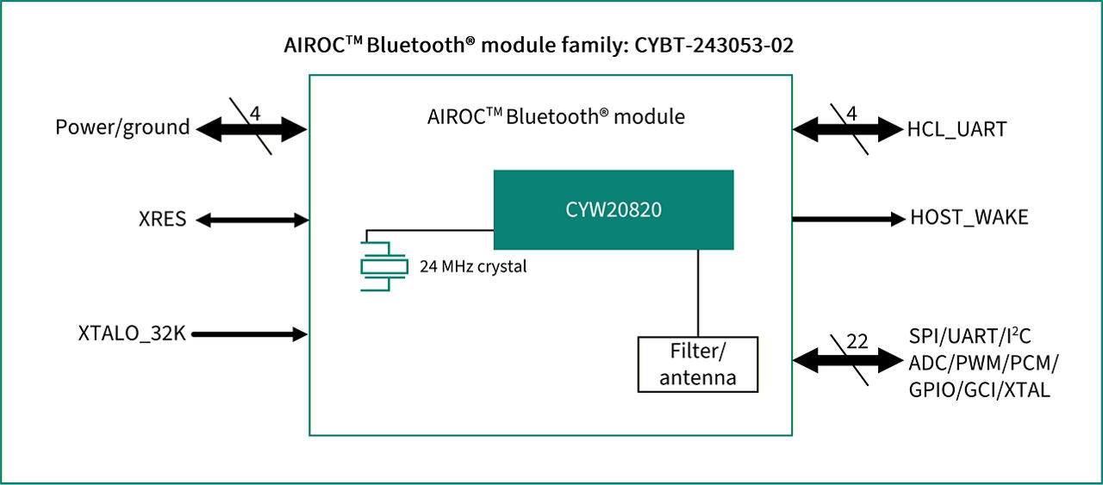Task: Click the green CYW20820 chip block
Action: [613, 210]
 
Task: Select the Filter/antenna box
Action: [697, 364]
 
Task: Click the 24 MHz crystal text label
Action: [472, 267]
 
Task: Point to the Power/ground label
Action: [122, 127]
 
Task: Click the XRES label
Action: [162, 220]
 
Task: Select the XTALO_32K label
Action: [132, 333]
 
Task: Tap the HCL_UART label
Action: [957, 130]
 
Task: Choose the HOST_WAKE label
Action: [969, 218]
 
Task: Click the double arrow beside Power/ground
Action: [251, 130]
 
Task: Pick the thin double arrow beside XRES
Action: [251, 221]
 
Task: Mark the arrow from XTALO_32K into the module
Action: [249, 334]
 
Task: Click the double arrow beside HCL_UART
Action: [847, 130]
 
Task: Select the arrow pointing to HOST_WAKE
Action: [846, 219]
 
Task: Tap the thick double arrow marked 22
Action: [847, 361]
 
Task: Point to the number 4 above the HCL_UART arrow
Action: [851, 113]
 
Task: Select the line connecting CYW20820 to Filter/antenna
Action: [697, 293]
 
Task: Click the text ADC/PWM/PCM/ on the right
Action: [983, 363]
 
